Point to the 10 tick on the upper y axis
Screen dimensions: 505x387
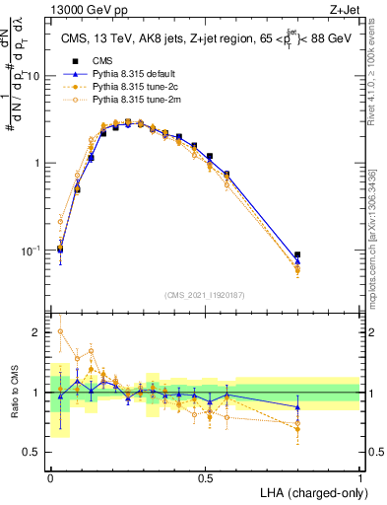coord(34,76)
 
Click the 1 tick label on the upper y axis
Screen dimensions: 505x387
coord(38,163)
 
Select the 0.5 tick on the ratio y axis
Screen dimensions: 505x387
coord(34,452)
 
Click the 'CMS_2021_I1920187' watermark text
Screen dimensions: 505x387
coord(206,295)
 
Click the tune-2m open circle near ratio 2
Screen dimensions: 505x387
coord(61,332)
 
